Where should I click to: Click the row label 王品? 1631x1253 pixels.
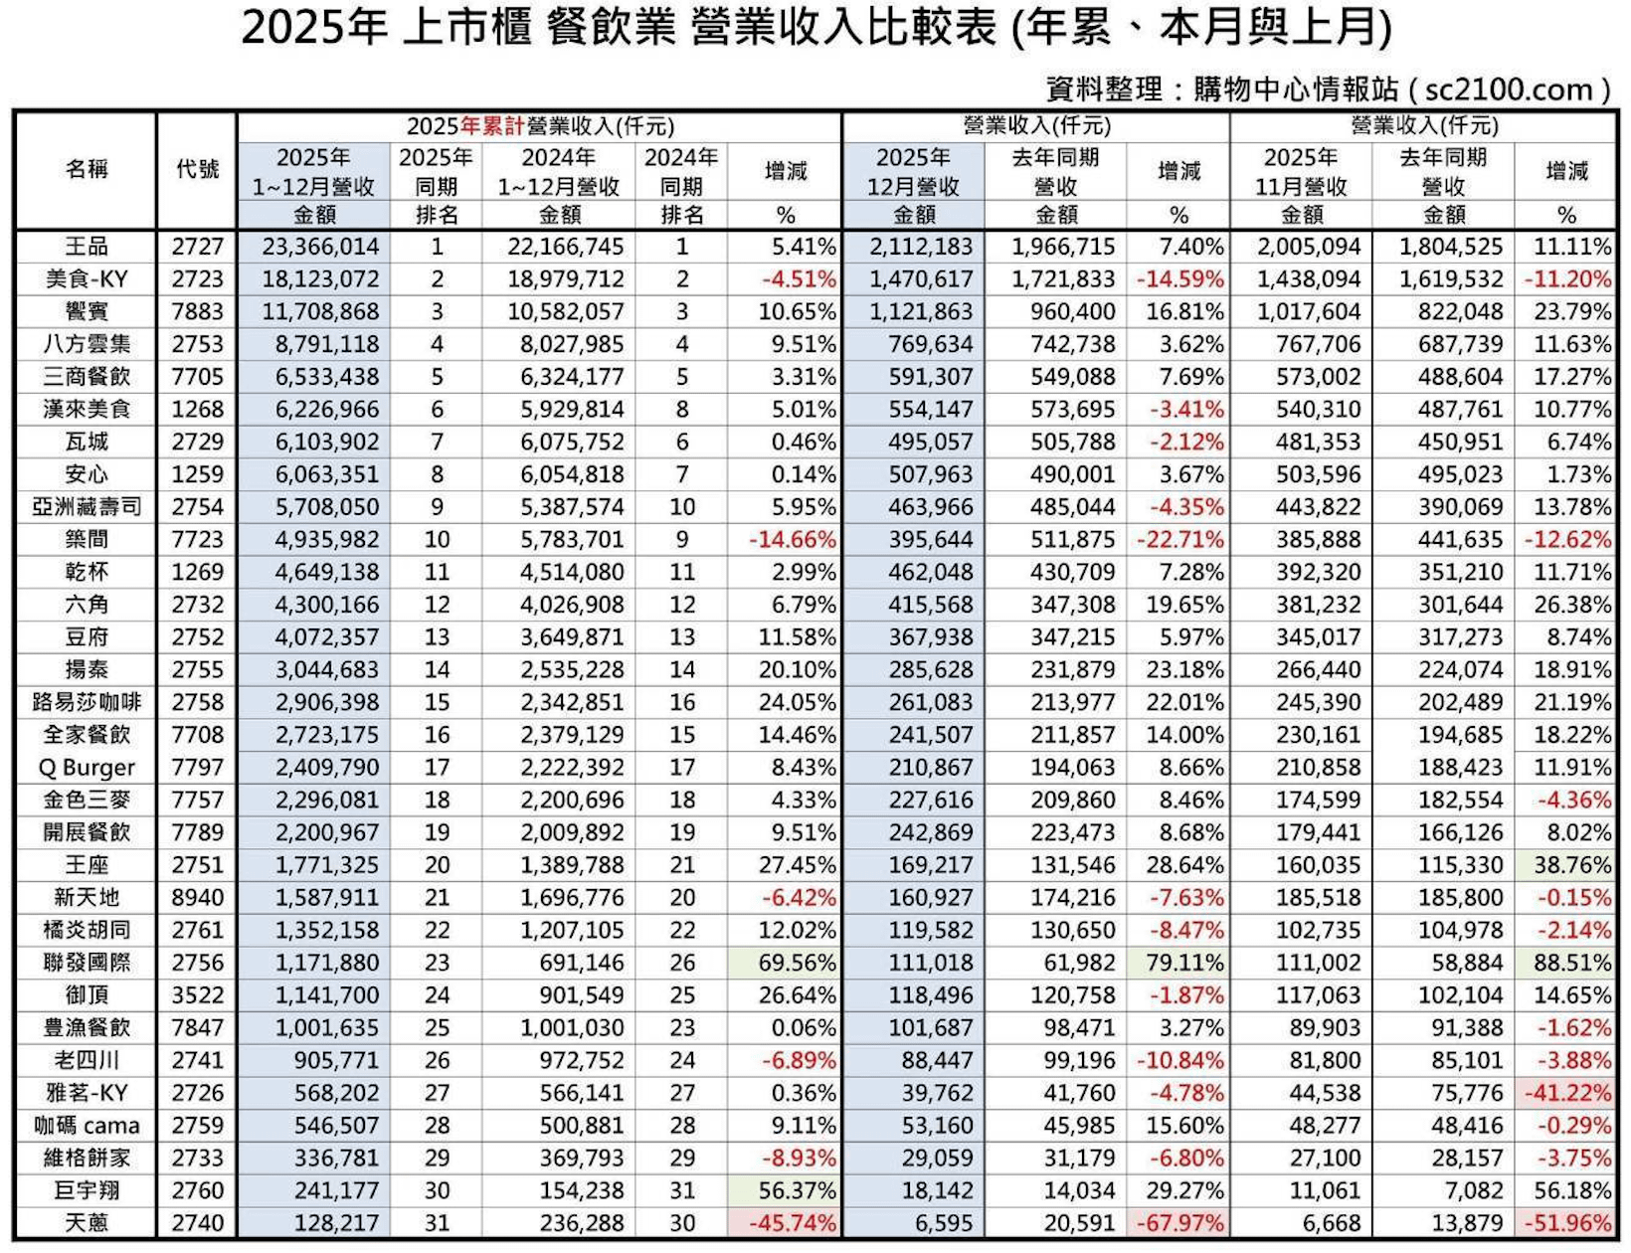tap(86, 247)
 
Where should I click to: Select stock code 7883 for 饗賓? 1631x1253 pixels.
tap(197, 311)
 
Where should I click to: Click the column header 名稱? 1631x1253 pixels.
tap(86, 169)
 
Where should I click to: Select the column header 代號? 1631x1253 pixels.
tap(197, 169)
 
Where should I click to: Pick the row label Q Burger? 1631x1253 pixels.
tap(86, 768)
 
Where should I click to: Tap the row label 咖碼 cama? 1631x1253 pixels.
tap(86, 1126)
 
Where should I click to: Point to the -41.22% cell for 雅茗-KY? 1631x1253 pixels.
tap(1567, 1093)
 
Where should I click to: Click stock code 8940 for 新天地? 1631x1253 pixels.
tap(197, 898)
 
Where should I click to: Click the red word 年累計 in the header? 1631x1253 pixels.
tap(492, 126)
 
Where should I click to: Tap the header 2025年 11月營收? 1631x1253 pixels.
tap(1301, 171)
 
